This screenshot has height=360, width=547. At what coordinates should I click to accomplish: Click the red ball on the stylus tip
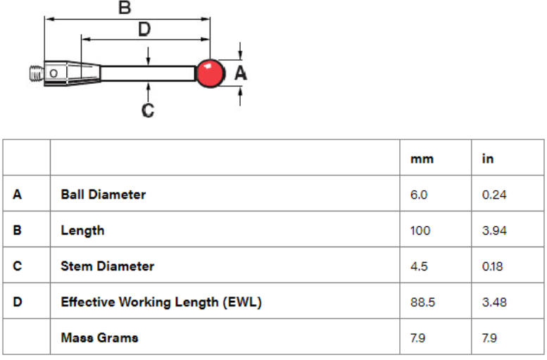pyautogui.click(x=210, y=74)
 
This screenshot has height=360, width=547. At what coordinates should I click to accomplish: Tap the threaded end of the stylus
pyautogui.click(x=37, y=74)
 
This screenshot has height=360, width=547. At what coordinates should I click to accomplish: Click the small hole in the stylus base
pyautogui.click(x=54, y=74)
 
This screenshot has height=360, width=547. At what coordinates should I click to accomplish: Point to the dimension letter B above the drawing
pyautogui.click(x=125, y=8)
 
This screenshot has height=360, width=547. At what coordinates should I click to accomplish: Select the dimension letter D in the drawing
pyautogui.click(x=144, y=29)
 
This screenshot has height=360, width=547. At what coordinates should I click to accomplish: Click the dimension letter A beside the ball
pyautogui.click(x=241, y=73)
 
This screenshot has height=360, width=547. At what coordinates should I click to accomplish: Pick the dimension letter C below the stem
pyautogui.click(x=148, y=111)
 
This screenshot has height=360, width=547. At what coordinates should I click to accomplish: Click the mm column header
pyautogui.click(x=422, y=159)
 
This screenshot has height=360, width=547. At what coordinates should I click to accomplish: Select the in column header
pyautogui.click(x=488, y=159)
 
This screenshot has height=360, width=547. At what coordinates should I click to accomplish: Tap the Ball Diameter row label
pyautogui.click(x=103, y=194)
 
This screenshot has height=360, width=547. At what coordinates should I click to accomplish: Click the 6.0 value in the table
pyautogui.click(x=419, y=195)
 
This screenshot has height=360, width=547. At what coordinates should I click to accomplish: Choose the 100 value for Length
pyautogui.click(x=420, y=230)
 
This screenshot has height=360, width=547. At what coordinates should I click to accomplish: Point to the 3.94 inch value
pyautogui.click(x=494, y=230)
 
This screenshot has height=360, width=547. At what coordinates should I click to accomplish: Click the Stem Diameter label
pyautogui.click(x=108, y=266)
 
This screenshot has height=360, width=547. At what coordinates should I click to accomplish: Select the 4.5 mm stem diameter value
pyautogui.click(x=419, y=266)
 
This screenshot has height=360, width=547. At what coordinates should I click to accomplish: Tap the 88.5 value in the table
pyautogui.click(x=423, y=302)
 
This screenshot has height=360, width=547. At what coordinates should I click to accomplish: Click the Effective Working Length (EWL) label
pyautogui.click(x=161, y=302)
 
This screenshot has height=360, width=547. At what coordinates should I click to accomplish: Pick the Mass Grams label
pyautogui.click(x=99, y=337)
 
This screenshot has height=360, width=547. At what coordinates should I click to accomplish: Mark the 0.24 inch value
pyautogui.click(x=494, y=195)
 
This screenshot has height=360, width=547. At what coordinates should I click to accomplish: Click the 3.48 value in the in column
pyautogui.click(x=494, y=302)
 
